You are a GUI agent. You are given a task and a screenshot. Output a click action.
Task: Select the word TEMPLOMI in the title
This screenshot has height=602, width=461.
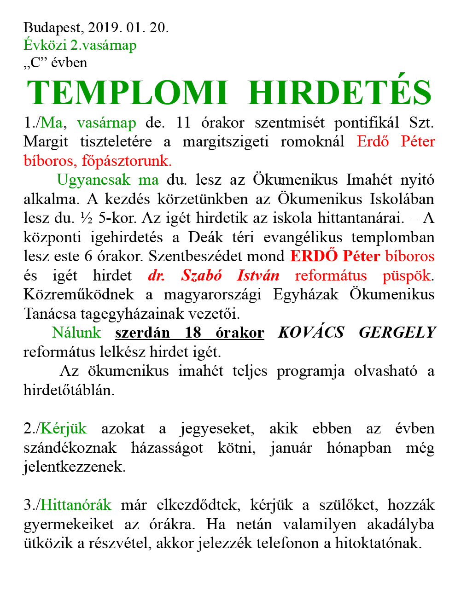point(128,93)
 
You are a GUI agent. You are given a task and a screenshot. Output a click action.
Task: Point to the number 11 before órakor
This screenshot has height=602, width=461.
point(183,123)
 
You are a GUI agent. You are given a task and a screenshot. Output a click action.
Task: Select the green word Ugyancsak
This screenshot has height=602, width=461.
point(93,180)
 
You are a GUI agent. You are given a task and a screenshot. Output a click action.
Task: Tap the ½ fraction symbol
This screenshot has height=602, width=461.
point(86,218)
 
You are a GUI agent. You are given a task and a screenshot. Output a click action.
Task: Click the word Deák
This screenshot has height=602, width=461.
point(205,237)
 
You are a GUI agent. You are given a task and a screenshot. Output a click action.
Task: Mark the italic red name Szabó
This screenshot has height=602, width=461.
point(201,275)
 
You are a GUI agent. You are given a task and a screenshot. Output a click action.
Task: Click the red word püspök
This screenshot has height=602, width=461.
point(407,275)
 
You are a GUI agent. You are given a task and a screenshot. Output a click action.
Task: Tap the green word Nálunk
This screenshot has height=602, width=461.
point(76,333)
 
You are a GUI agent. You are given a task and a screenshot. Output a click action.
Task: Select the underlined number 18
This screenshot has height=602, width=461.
point(193,333)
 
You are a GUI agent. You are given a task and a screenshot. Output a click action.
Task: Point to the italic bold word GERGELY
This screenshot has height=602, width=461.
point(397,333)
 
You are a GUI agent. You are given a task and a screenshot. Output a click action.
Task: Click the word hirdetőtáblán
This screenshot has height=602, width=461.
point(69,390)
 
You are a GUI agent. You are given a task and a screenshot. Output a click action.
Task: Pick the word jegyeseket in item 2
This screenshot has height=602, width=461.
point(216,429)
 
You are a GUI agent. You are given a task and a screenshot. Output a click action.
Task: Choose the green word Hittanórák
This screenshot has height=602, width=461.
point(76,505)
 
